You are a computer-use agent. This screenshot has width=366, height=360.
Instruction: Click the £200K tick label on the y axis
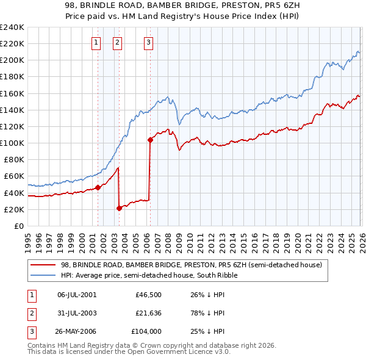point(12,60)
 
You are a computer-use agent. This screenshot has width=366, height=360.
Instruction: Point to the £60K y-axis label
point(13,176)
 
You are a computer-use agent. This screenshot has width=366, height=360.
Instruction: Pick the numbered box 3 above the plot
point(148,43)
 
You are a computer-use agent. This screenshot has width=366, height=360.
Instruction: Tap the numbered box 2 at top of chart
point(117,43)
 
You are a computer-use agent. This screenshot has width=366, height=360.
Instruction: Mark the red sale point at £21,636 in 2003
point(120,208)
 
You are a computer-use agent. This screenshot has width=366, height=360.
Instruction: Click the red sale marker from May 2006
point(150,140)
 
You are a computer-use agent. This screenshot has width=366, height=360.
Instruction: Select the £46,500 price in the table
point(147,295)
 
